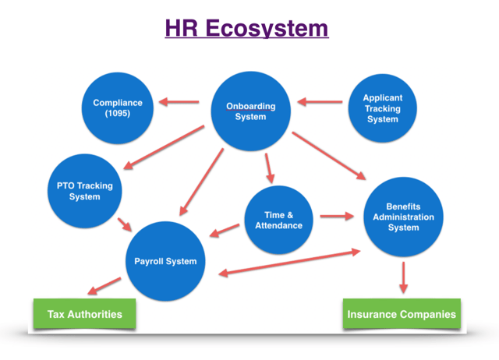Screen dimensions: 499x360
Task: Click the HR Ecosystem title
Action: (x=246, y=28)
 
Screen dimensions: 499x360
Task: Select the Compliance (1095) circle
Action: (x=118, y=108)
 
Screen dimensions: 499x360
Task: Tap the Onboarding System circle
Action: (x=251, y=111)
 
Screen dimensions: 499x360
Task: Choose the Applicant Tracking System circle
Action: (x=383, y=108)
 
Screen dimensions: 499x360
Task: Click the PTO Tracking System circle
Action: (x=85, y=191)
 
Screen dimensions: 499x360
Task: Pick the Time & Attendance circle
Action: (x=279, y=220)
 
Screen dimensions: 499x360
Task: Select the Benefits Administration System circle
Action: (x=404, y=217)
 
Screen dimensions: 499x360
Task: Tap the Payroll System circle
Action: (x=165, y=261)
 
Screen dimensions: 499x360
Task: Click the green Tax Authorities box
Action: (x=85, y=314)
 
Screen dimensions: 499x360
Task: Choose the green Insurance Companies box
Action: (x=402, y=314)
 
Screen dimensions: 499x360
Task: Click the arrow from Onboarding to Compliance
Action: (x=179, y=102)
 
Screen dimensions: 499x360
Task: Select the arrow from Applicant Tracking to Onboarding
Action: (x=320, y=102)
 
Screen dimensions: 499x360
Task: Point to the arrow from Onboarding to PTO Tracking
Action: (x=164, y=147)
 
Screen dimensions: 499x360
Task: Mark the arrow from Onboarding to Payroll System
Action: (x=201, y=182)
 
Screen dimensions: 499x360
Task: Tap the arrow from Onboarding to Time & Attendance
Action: (x=270, y=168)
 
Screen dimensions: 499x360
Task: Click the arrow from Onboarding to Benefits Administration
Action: (x=329, y=156)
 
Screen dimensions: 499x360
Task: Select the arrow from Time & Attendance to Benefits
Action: (x=337, y=217)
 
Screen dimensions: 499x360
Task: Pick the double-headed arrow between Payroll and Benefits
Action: (x=289, y=263)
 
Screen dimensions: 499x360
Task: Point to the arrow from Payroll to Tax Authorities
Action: (x=104, y=286)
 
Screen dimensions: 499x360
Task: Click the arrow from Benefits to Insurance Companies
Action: (x=404, y=277)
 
